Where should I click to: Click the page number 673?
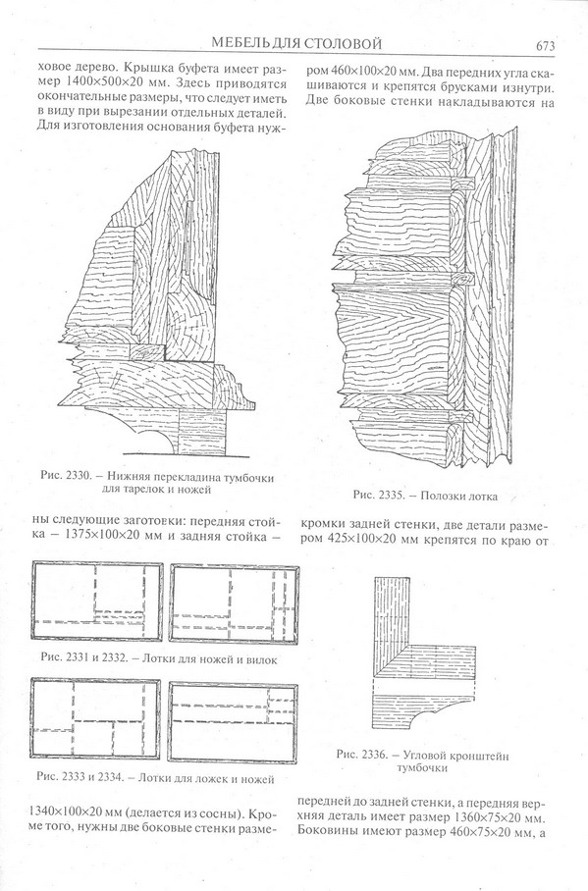544,46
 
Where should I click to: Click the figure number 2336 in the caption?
375,756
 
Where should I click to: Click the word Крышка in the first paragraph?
140,69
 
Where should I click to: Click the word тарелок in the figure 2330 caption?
144,490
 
